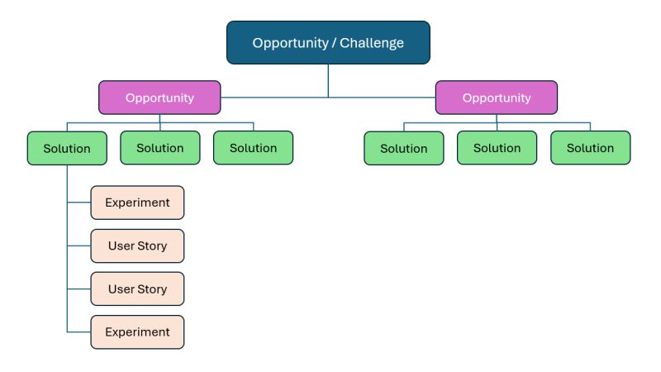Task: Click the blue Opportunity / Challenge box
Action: [x=328, y=42]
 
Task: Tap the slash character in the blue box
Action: [x=333, y=42]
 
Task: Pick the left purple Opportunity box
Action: [x=159, y=98]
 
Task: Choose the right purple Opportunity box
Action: [x=497, y=98]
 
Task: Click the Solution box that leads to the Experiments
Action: [x=67, y=149]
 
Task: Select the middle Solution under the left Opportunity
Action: [x=160, y=148]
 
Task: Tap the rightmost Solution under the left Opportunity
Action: [x=253, y=148]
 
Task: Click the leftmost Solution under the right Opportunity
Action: [x=404, y=149]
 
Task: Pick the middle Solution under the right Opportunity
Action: [x=497, y=148]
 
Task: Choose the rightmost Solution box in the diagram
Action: [x=590, y=148]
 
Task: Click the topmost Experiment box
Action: [x=137, y=203]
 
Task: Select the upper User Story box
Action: [x=137, y=246]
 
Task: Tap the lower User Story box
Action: [x=137, y=289]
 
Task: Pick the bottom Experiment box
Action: [x=137, y=331]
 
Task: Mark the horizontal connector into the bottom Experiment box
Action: [x=78, y=331]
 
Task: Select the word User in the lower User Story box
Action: [x=121, y=289]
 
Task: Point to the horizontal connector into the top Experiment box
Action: [x=78, y=203]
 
